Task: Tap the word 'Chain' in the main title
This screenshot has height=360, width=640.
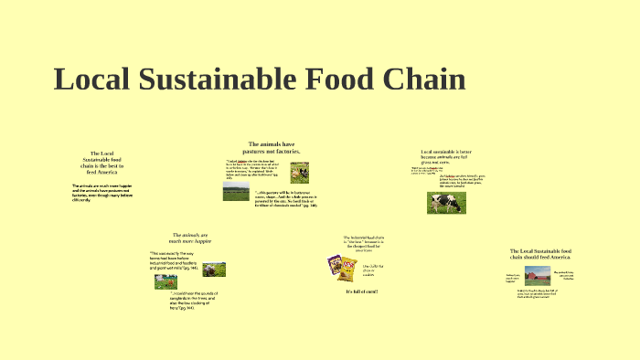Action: [419, 79]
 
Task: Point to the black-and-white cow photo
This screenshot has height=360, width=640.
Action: [446, 203]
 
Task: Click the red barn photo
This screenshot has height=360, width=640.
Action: [537, 275]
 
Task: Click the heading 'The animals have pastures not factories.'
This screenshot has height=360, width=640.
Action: [273, 147]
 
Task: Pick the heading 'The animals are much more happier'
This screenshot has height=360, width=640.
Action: [190, 238]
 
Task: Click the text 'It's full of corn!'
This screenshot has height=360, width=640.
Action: [362, 291]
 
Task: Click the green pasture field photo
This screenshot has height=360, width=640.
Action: [236, 192]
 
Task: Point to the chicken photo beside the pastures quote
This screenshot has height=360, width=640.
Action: [299, 172]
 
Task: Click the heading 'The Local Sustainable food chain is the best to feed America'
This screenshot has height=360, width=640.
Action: [101, 162]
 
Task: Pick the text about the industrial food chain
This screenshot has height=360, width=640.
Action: [361, 243]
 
